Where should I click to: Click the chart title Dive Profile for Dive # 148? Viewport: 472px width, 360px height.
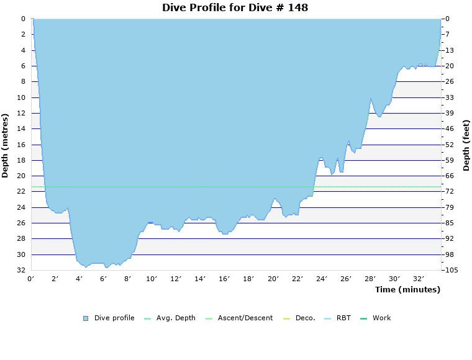coord(235,8)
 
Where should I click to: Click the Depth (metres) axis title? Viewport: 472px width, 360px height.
coord(6,145)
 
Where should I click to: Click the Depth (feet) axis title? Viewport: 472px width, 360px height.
coord(466,145)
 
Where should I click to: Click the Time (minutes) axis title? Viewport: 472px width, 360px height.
coord(407,289)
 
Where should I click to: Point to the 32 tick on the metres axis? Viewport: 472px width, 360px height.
coord(21,271)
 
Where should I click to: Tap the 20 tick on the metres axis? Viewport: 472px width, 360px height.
coord(21,176)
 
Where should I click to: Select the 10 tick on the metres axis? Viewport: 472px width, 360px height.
coord(21,97)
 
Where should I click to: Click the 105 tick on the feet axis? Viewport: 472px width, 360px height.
coord(452,271)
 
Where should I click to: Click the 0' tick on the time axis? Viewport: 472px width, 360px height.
coord(31,279)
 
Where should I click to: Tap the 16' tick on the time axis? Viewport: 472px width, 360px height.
coord(224,279)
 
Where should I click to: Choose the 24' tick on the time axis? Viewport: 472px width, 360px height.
coord(322,279)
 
